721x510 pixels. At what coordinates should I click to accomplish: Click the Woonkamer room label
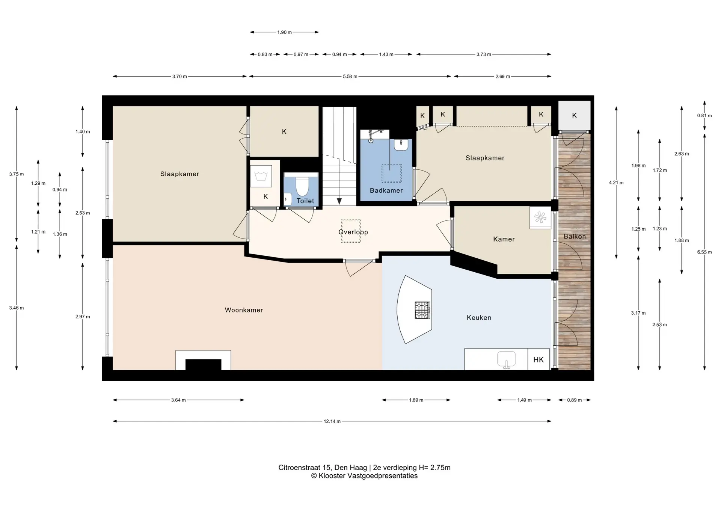[244, 310]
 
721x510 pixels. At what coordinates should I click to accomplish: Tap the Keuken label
[479, 317]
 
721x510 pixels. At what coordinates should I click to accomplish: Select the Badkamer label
[386, 190]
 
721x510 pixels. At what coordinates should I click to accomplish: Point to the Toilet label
[305, 201]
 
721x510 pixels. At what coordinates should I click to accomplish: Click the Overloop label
[353, 232]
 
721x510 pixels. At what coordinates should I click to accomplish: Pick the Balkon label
[575, 236]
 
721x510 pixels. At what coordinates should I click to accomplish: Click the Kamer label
[504, 239]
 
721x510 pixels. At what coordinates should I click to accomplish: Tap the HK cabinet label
[538, 360]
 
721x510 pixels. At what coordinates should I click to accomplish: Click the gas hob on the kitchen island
[422, 310]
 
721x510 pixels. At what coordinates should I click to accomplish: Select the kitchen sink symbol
[507, 359]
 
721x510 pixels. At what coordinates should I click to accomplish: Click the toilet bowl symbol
[302, 186]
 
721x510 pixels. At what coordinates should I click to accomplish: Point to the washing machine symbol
[261, 176]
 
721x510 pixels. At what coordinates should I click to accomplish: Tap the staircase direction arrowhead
[339, 201]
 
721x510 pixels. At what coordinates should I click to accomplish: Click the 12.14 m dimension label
[332, 421]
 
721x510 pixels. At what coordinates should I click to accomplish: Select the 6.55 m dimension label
[704, 252]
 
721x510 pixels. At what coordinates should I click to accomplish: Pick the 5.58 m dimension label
[350, 76]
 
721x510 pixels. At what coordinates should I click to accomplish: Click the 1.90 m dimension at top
[284, 32]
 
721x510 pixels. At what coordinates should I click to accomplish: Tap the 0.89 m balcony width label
[574, 400]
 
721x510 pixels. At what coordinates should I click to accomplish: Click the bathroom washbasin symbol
[401, 145]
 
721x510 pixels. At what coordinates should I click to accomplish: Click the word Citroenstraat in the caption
[299, 468]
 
